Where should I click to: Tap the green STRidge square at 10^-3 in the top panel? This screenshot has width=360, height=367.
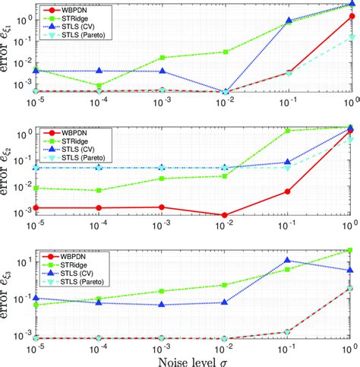point(161,58)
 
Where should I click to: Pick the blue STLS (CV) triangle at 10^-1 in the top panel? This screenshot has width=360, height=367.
point(287,22)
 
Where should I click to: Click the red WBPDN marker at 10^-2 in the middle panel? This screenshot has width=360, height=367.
point(224,216)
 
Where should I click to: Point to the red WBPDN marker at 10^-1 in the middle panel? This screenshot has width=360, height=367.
point(287,191)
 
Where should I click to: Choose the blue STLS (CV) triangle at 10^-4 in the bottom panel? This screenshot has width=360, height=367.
point(98,302)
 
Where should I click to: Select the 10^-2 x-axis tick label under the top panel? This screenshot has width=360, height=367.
point(224,101)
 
